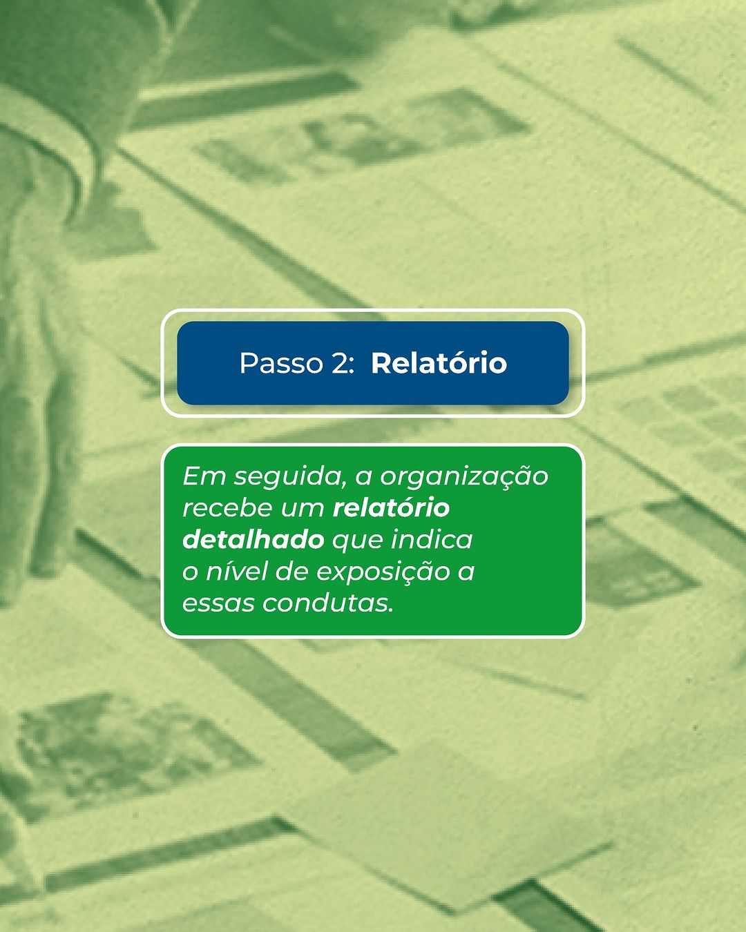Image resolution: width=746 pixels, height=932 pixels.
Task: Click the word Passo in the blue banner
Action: [281, 363]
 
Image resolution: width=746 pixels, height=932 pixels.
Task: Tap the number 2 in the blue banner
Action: [339, 363]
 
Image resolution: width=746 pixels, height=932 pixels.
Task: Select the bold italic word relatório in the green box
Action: [391, 507]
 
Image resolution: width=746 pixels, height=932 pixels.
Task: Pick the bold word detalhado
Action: [254, 540]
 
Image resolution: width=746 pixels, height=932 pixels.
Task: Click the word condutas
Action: [325, 603]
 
